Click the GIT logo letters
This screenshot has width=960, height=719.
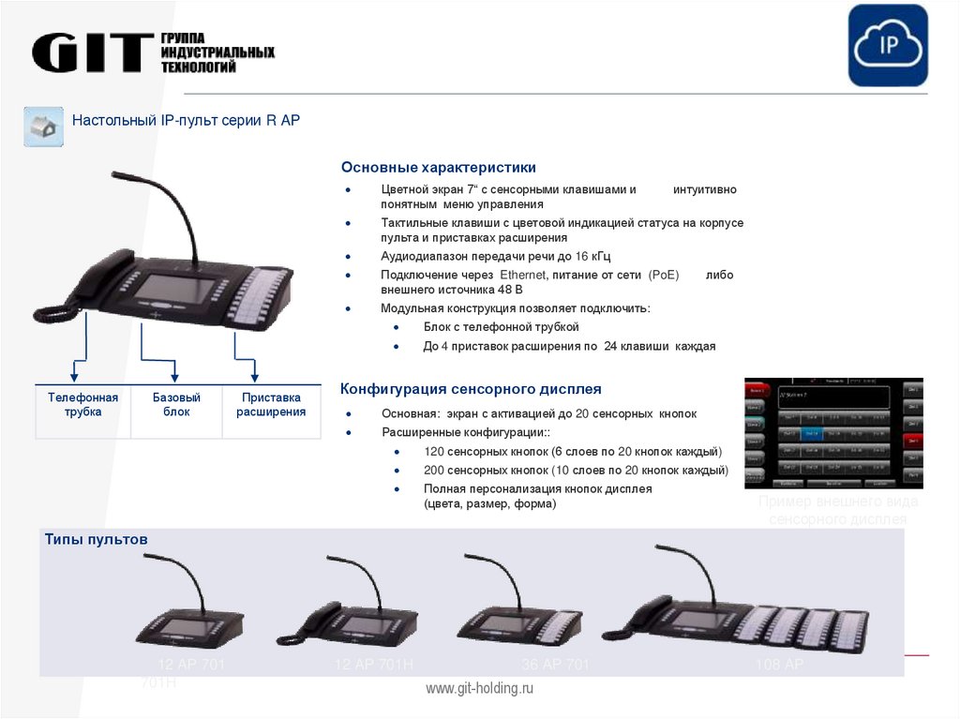(x=92, y=53)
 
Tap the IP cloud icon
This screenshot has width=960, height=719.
(x=887, y=46)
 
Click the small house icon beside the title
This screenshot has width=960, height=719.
(x=43, y=127)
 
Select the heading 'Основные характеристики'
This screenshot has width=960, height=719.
(x=438, y=168)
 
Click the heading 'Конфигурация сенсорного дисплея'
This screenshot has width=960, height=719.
(x=470, y=389)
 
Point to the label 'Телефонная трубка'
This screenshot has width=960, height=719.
(x=83, y=405)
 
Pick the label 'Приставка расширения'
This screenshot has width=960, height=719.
(x=271, y=405)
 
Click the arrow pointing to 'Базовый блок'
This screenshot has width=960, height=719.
(x=174, y=367)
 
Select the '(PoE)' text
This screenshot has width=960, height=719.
(x=663, y=275)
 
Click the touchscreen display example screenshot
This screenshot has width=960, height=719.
(x=833, y=433)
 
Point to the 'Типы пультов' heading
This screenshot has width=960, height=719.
(x=96, y=540)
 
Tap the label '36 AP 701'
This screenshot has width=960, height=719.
(x=555, y=666)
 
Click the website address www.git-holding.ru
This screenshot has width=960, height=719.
(x=479, y=689)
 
